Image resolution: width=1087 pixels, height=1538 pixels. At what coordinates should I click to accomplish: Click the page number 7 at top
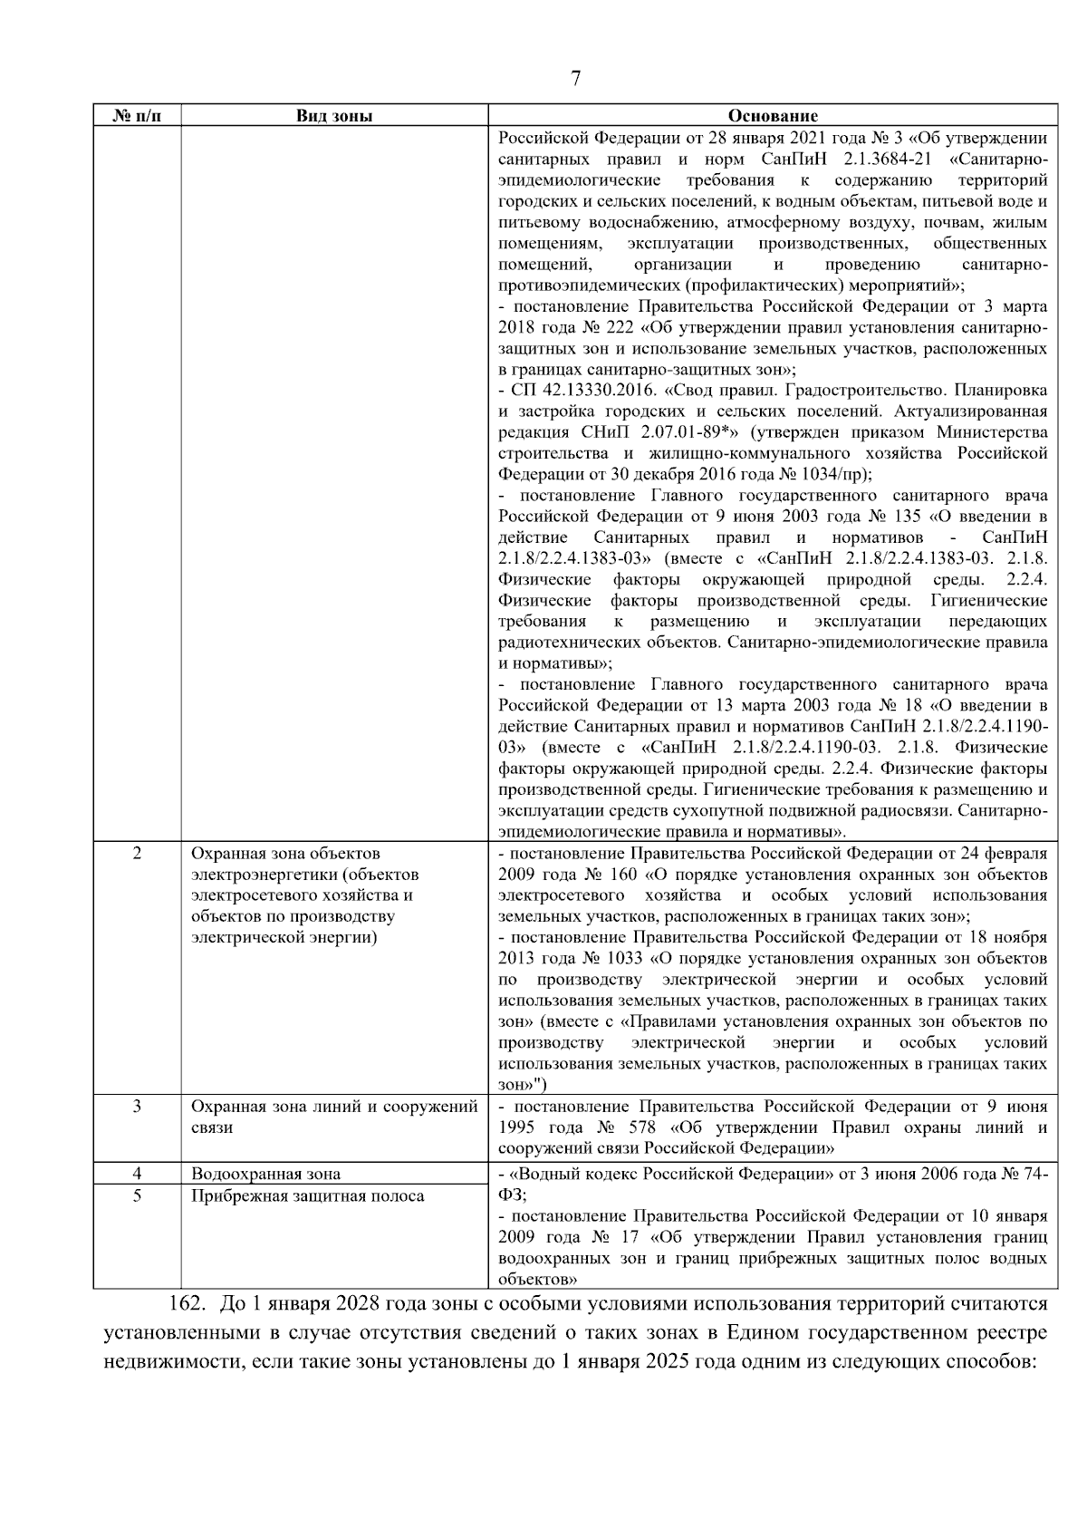tap(575, 79)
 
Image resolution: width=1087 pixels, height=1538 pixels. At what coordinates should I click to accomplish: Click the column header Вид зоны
tap(334, 116)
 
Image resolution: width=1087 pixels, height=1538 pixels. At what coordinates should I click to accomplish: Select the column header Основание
tap(773, 116)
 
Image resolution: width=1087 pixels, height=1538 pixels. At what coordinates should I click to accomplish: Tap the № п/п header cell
tap(137, 116)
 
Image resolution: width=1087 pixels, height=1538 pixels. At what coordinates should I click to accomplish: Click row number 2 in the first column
tap(137, 854)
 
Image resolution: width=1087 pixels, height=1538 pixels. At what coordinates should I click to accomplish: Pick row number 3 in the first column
tap(137, 1107)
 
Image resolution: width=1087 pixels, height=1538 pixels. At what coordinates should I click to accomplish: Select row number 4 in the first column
tap(137, 1174)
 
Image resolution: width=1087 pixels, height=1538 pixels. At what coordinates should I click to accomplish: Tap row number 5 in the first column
tap(137, 1195)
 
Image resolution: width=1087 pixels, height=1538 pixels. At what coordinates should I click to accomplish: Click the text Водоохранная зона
tap(265, 1175)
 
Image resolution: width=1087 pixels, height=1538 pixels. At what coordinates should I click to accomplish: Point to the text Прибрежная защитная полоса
tap(307, 1196)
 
